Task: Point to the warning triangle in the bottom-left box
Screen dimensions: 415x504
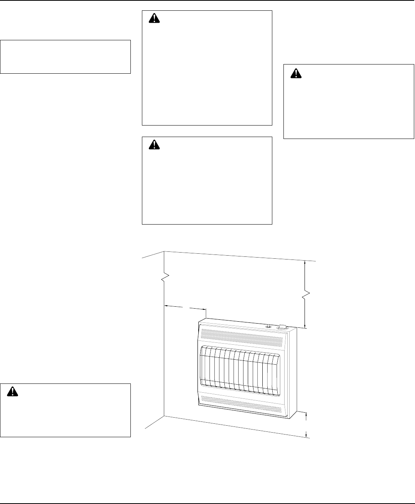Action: [x=13, y=391]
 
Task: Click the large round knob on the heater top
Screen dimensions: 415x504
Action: [x=283, y=327]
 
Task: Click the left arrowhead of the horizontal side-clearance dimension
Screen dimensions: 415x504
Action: [x=167, y=306]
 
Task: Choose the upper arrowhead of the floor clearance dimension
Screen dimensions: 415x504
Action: [x=306, y=415]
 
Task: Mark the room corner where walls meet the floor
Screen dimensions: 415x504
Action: [x=165, y=416]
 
